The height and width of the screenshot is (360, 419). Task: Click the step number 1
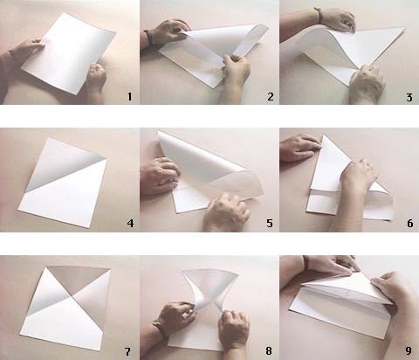coord(129,98)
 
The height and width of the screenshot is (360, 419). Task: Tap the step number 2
coord(269,98)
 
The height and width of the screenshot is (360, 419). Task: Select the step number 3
coord(409,98)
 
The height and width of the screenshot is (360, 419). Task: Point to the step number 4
coord(129,224)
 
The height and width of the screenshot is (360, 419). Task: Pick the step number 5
coord(269,224)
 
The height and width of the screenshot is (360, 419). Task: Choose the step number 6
coord(409,224)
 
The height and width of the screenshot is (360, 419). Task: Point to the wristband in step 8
coord(158,330)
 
